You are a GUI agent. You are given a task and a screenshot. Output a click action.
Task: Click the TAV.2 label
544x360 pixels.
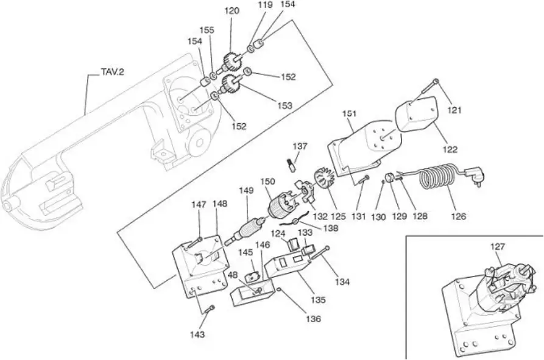pyautogui.click(x=113, y=72)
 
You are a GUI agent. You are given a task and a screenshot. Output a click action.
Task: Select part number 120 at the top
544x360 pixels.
pyautogui.click(x=231, y=11)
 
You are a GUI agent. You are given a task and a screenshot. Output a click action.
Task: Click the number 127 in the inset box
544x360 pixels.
pyautogui.click(x=498, y=247)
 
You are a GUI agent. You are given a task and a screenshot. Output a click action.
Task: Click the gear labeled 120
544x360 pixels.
pyautogui.click(x=231, y=62)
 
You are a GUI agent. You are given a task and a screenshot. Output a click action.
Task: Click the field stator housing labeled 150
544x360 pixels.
pyautogui.click(x=283, y=204)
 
